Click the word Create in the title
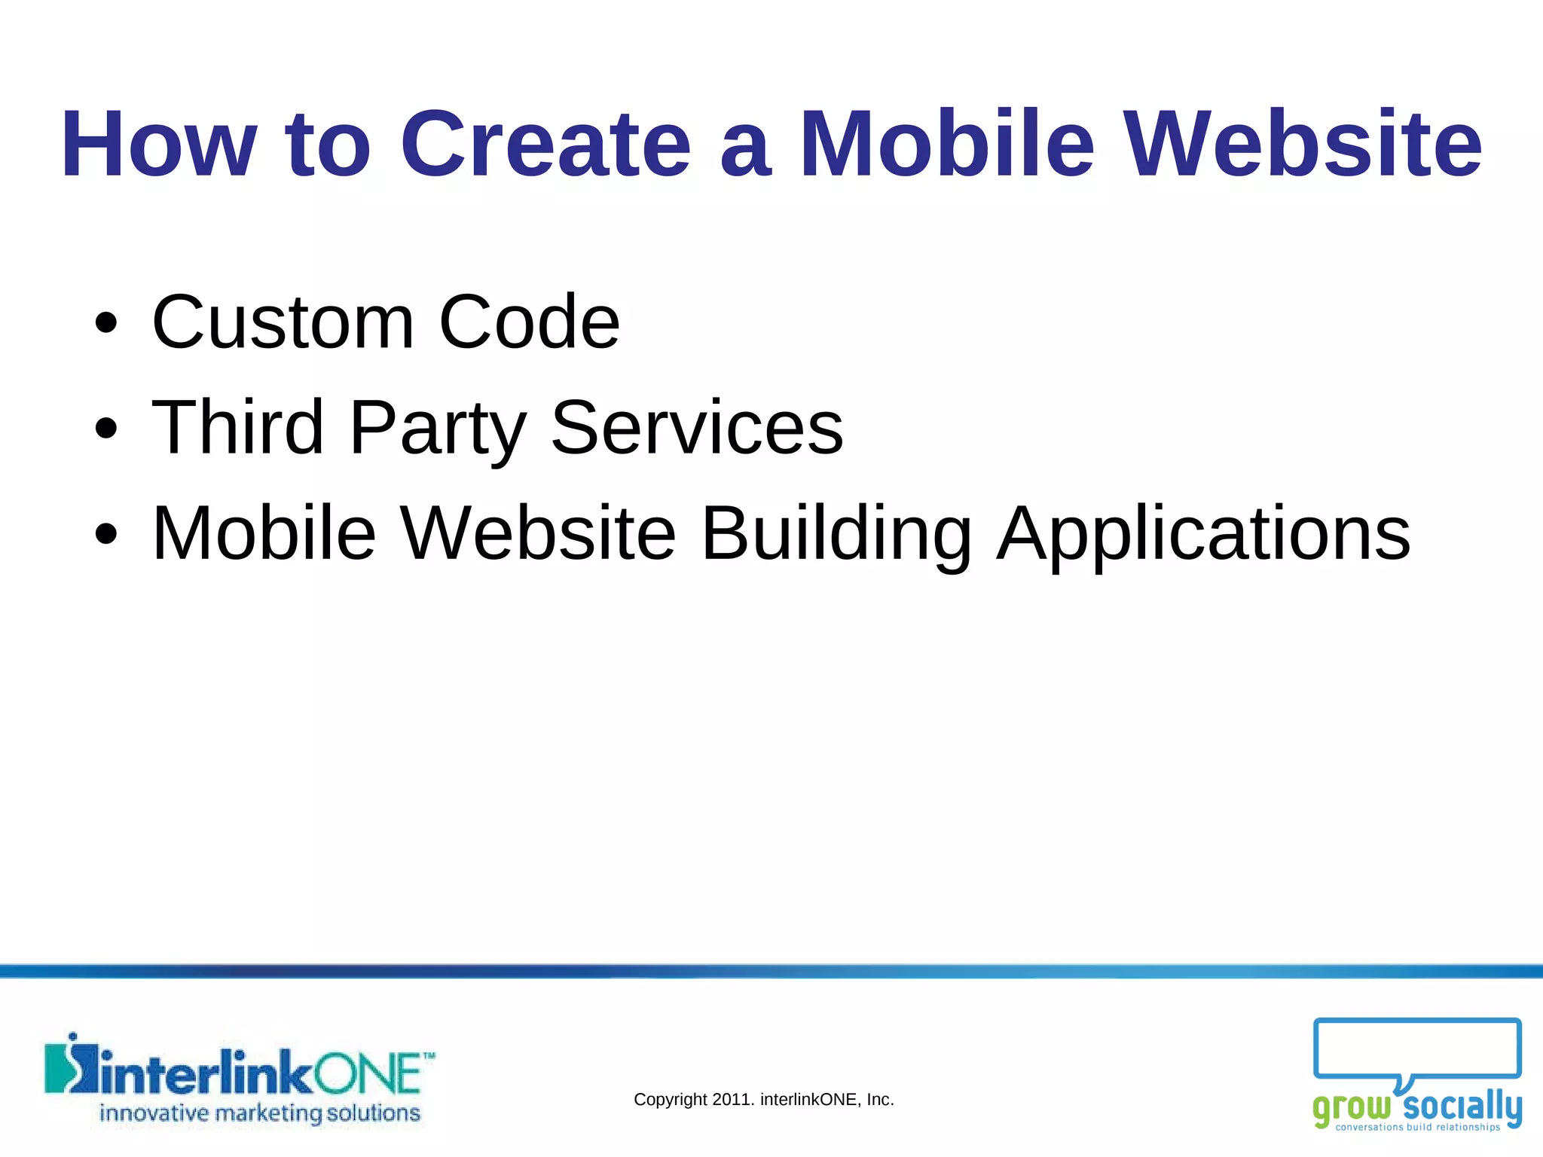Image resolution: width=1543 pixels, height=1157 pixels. (x=545, y=144)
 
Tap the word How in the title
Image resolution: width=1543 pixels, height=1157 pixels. (x=159, y=144)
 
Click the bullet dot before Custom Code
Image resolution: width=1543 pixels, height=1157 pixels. (x=106, y=323)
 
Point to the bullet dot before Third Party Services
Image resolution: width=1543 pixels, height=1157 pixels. (x=106, y=429)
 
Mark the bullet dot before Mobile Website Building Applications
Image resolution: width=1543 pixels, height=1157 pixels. (x=106, y=534)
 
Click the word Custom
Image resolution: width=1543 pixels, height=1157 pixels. (x=283, y=322)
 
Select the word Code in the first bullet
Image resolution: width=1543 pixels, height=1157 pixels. (x=529, y=322)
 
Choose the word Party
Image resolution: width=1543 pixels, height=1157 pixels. (x=438, y=429)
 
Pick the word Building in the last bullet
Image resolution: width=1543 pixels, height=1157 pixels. (x=836, y=535)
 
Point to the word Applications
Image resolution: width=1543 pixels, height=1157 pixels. (x=1203, y=535)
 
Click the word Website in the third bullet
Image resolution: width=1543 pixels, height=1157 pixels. (x=538, y=533)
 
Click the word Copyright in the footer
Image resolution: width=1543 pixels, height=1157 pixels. (x=670, y=1100)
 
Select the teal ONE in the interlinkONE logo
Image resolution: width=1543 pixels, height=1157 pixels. (x=367, y=1074)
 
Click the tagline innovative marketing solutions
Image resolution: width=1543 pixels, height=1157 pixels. (x=260, y=1113)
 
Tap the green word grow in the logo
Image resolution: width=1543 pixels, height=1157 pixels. (x=1352, y=1108)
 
